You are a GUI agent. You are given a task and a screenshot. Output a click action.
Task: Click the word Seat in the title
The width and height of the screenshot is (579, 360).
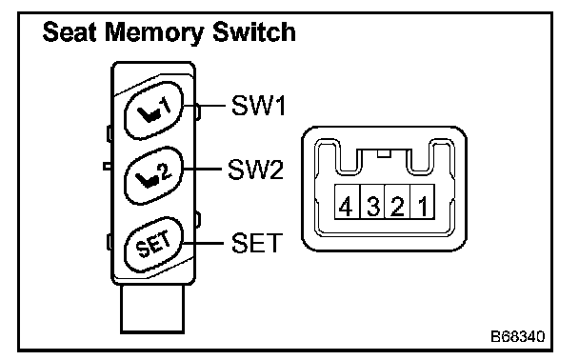click(x=70, y=31)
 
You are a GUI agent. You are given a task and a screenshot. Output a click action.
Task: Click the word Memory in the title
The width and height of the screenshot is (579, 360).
click(x=154, y=33)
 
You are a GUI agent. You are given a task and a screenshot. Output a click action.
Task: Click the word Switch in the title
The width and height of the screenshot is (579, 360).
click(x=254, y=31)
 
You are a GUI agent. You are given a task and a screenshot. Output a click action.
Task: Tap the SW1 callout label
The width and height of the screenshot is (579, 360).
click(x=258, y=106)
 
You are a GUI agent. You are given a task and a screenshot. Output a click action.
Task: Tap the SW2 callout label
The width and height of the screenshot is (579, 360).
click(x=255, y=170)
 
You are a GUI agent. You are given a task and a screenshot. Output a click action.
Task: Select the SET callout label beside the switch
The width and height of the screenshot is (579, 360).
click(x=257, y=243)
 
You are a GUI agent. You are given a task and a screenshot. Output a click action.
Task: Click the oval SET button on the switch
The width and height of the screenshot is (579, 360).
click(x=154, y=245)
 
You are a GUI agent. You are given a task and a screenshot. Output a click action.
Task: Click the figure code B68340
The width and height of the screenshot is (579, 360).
click(x=517, y=336)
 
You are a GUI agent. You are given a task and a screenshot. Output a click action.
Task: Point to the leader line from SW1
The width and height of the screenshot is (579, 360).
click(x=205, y=106)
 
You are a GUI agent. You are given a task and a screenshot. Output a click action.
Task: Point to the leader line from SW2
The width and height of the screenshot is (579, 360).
click(x=202, y=170)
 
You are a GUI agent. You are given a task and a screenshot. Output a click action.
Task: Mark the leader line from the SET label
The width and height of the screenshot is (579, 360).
click(x=204, y=243)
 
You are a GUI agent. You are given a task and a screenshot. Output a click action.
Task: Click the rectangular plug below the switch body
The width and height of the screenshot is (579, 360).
click(x=152, y=309)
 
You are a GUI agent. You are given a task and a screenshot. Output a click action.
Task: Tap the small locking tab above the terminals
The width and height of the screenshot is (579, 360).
click(x=384, y=153)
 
